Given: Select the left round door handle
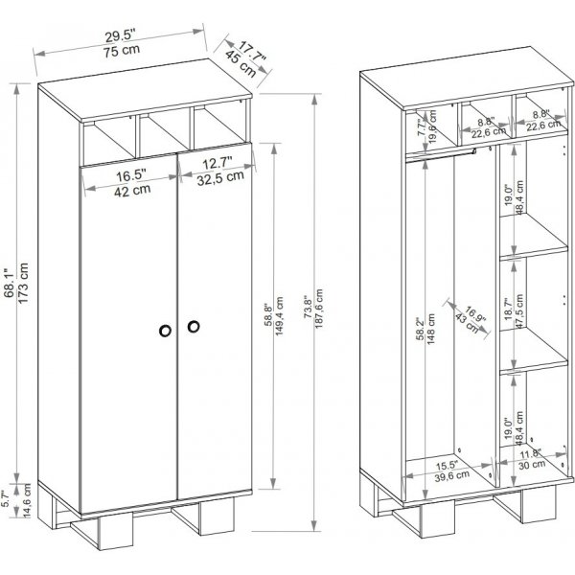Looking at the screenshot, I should [x=164, y=329].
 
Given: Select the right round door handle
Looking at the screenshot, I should [x=195, y=328].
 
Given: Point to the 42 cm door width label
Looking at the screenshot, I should [x=129, y=191].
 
